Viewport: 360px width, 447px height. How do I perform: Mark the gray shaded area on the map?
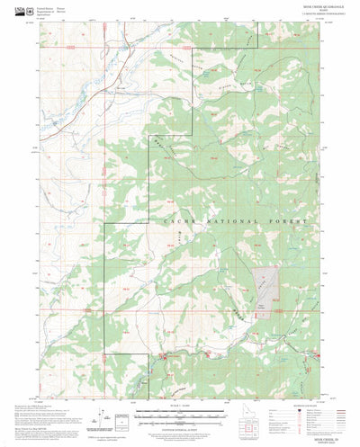264,287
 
